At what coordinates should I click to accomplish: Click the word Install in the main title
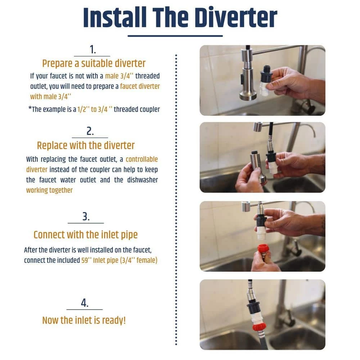click(115, 18)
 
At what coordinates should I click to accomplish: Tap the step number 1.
click(93, 49)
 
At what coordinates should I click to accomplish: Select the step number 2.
click(90, 131)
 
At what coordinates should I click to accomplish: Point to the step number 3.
click(86, 216)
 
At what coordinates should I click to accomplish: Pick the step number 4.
click(85, 303)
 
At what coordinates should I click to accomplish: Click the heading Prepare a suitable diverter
click(94, 64)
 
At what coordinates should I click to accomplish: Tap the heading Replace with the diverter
click(86, 145)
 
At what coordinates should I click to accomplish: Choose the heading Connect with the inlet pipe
click(86, 235)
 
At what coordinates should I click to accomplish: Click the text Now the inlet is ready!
click(84, 320)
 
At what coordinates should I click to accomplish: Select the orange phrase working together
click(49, 190)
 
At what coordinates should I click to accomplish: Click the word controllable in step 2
click(141, 159)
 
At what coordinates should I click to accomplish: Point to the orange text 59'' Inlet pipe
click(100, 260)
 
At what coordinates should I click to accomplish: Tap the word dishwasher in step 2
click(143, 180)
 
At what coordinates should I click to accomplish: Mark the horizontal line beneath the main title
click(175, 36)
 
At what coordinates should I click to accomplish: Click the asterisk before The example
click(30, 107)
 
